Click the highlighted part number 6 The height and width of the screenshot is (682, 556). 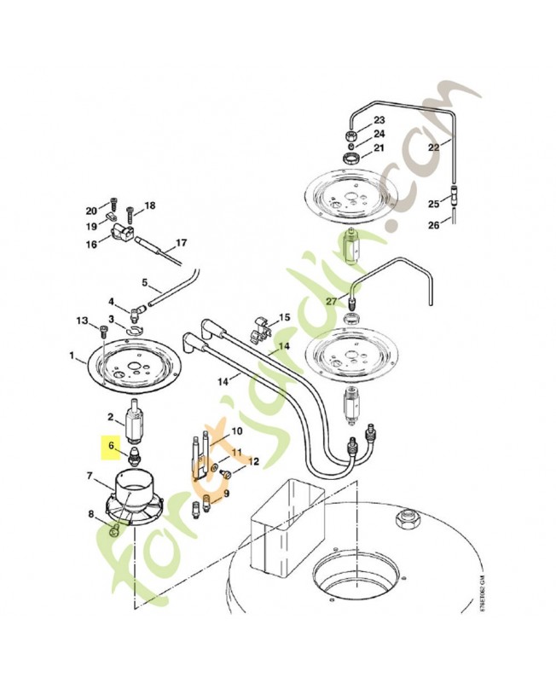pos(110,443)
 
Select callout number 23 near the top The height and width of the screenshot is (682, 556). pos(379,119)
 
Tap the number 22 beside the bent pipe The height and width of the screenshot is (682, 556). pos(433,147)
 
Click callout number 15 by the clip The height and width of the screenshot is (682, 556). pos(284,317)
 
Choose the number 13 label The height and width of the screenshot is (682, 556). pos(82,321)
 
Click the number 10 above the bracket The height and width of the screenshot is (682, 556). pos(236,432)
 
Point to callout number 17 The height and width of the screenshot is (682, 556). pos(180,243)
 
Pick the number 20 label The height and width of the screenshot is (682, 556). pos(91,211)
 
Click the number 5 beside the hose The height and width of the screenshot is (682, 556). pos(145,282)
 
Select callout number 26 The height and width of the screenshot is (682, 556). pos(433,225)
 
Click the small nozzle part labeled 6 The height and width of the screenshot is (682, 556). pos(135,454)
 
